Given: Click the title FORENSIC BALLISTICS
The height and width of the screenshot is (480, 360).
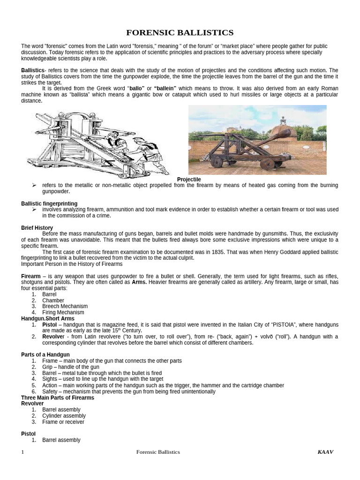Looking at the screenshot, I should point(180,32).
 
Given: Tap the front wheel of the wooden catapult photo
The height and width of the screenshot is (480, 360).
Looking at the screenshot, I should point(268,164).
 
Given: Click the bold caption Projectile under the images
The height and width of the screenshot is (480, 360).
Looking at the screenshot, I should point(189,180).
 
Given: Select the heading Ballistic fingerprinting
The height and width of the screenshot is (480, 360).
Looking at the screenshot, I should point(49,203).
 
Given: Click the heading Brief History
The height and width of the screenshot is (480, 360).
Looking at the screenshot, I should point(37,228).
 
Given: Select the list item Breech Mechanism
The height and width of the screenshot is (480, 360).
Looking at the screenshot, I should point(65,306).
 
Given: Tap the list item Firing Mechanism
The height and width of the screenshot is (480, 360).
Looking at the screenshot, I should point(63,312).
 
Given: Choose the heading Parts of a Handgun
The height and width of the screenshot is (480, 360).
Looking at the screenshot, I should point(45,354).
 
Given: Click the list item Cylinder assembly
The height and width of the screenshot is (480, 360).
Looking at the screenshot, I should point(64,416).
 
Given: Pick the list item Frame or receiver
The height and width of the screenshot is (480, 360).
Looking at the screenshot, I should point(63,422).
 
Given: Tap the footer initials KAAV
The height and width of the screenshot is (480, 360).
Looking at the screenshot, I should point(325,452).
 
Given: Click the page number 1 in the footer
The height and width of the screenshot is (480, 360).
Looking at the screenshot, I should point(22,452).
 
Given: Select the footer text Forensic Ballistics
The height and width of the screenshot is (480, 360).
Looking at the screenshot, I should point(158,452).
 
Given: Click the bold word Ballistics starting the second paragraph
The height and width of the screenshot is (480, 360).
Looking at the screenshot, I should point(32,70).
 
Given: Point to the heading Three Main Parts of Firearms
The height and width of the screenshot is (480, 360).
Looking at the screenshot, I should point(58,397).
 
